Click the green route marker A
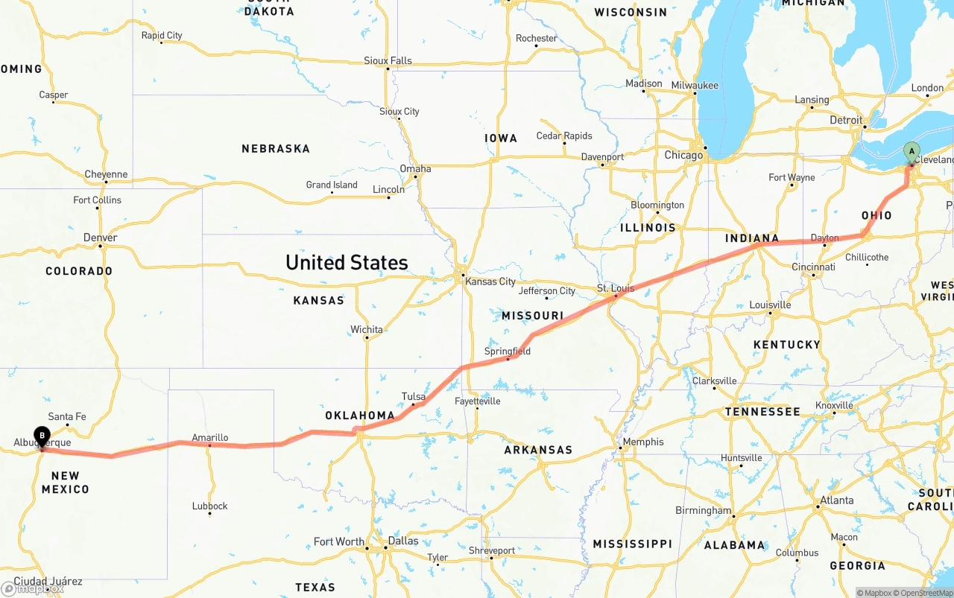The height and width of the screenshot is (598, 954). pos(911,152)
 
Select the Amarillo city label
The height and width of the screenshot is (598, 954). pos(209,437)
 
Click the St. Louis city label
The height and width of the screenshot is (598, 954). pos(615,288)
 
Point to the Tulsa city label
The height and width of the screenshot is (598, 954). pos(414,396)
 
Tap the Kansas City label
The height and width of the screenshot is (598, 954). pos(490,281)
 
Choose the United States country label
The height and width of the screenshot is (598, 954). pos(347,262)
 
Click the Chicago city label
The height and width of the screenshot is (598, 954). pos(683,156)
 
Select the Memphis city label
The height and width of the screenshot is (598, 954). pos(642,442)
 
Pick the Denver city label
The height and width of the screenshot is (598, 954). pos(100,238)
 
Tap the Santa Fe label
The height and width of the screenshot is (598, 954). pos(67,416)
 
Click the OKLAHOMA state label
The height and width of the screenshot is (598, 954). pos(359,416)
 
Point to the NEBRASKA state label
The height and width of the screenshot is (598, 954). pos(275,149)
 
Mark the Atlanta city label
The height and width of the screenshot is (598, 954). pos(836,500)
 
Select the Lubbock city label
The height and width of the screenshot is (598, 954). pos(209,506)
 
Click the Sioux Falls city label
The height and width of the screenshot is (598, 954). pos(388,60)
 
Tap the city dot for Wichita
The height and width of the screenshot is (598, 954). pos(367,338)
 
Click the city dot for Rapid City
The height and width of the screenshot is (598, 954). pos(162,42)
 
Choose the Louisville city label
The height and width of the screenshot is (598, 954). pos(770,305)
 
